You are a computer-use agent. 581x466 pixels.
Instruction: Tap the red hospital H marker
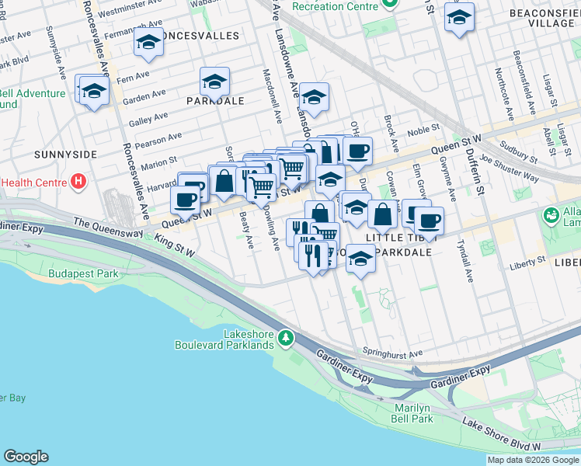coord(77,183)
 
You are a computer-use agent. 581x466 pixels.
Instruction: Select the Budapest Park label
coord(82,274)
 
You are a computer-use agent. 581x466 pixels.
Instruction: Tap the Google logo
coord(26,457)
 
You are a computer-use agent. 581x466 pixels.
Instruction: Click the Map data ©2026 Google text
coord(532,460)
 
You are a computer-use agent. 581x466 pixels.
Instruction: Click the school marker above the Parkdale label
coord(214,81)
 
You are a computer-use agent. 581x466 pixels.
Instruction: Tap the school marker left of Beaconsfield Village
coord(459,16)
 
